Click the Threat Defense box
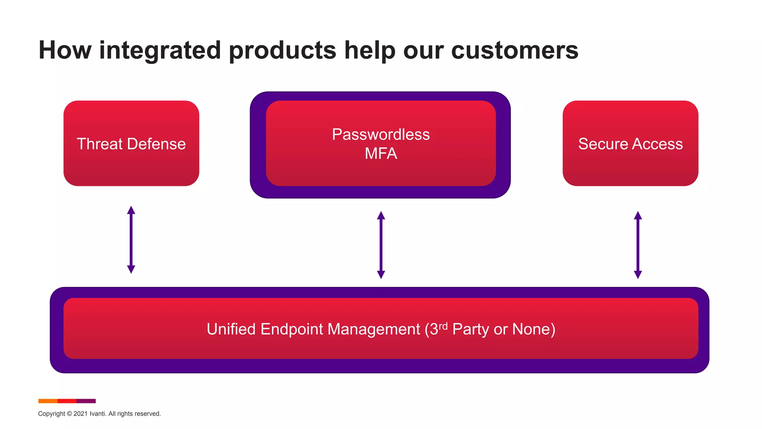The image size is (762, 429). click(131, 143)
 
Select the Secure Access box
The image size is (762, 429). click(630, 143)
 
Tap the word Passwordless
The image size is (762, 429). click(381, 134)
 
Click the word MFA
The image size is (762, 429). click(381, 153)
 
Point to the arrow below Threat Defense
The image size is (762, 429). click(131, 239)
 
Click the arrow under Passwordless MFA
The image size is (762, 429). click(381, 245)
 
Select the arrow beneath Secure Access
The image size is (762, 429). click(638, 245)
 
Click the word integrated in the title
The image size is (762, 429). click(160, 51)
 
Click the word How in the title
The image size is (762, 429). click(65, 50)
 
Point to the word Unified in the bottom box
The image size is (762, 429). click(231, 329)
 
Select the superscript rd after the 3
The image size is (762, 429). click(443, 326)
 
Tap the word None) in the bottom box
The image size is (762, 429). click(534, 329)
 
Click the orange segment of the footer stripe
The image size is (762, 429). click(48, 401)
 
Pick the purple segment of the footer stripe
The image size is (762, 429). click(86, 401)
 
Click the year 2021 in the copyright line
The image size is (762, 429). click(80, 414)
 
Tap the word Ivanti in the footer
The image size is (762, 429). click(97, 414)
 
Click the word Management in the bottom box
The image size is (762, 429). click(374, 329)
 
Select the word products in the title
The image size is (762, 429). click(282, 51)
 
